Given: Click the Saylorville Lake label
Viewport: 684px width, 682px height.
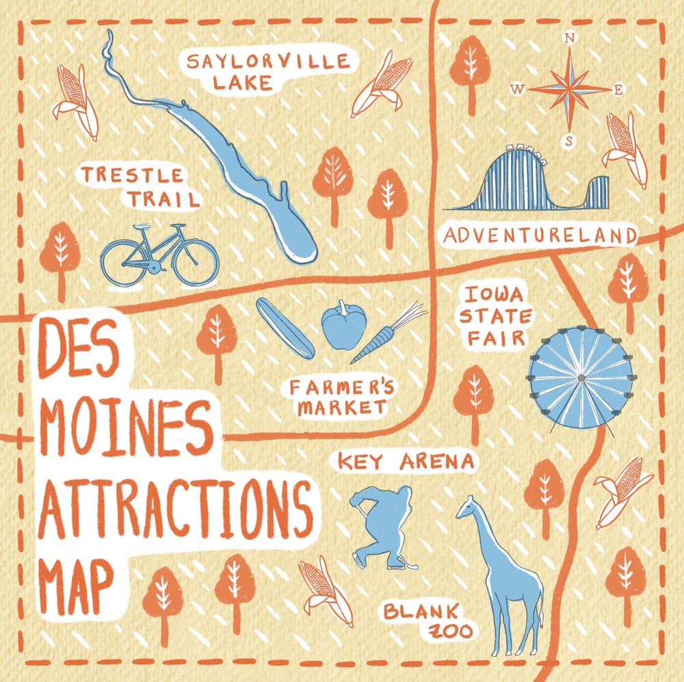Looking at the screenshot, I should coord(268,72).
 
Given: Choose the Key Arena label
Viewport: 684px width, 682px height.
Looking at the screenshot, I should coord(406,461).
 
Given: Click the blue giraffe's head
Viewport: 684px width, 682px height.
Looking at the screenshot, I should coord(469,507).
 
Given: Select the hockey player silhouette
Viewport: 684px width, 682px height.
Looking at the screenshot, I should coord(383,523).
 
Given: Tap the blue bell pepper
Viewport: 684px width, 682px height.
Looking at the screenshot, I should coord(344,326).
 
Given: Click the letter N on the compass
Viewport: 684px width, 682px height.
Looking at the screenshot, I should coord(569,39).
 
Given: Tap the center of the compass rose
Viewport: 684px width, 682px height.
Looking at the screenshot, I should coord(569,89).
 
